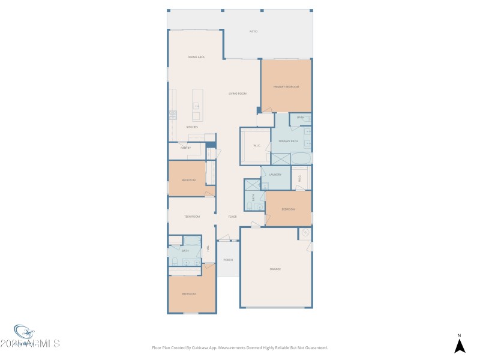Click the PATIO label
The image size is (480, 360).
pyautogui.click(x=253, y=31)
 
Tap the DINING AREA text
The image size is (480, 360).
pyautogui.click(x=196, y=57)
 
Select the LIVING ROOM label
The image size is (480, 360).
pyautogui.click(x=238, y=94)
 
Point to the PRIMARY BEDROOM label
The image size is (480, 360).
pyautogui.click(x=286, y=87)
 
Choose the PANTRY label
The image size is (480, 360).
pyautogui.click(x=185, y=148)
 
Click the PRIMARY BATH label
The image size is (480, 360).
pyautogui.click(x=288, y=141)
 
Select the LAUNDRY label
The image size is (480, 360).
pyautogui.click(x=275, y=175)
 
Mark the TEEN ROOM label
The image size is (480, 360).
pyautogui.click(x=192, y=216)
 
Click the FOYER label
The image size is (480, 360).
pyautogui.click(x=232, y=217)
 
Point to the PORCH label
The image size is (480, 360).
pyautogui.click(x=227, y=260)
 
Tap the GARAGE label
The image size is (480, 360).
pyautogui.click(x=275, y=269)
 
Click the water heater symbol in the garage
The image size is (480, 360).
pyautogui.click(x=305, y=233)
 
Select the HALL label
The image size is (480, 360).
pyautogui.click(x=208, y=248)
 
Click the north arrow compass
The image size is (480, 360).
pyautogui.click(x=459, y=345)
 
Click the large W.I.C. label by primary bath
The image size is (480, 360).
pyautogui.click(x=256, y=145)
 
